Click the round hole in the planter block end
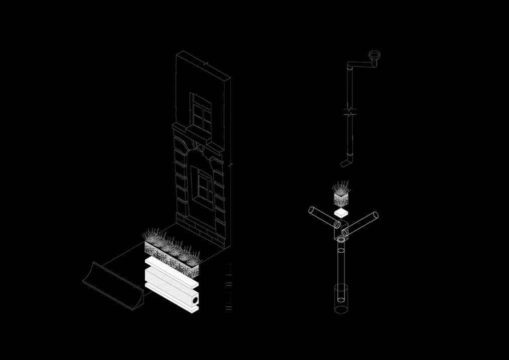pos(194,300)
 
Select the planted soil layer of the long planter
pos(171,256)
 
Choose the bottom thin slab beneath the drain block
pos(171,302)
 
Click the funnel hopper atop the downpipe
pos(374,55)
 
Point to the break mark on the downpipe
pos(350,111)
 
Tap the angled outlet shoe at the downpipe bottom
pos(346,162)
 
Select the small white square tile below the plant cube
pos(341,214)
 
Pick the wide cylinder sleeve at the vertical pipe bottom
pos(341,298)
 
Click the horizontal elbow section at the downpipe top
pos(360,64)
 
